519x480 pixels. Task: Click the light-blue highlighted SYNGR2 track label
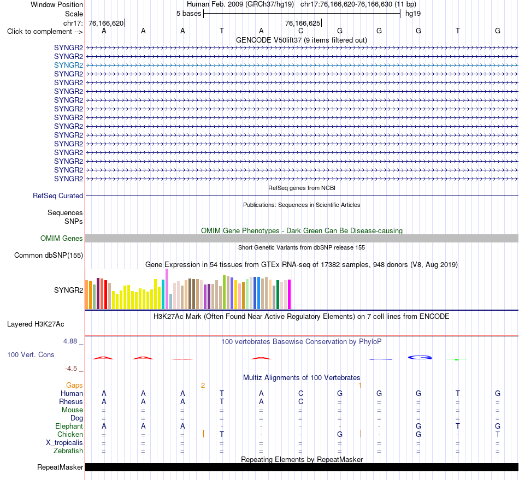[68, 65]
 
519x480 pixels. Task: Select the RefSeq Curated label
[58, 196]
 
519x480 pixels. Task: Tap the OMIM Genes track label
[62, 238]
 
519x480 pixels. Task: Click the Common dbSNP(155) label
[49, 256]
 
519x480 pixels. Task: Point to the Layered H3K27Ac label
[36, 324]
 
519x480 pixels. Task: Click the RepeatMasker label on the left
[60, 467]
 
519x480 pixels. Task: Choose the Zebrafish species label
[68, 451]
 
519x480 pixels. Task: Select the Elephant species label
[69, 426]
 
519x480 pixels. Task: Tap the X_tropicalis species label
[64, 443]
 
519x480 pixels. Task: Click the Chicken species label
[70, 434]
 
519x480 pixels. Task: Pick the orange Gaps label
[74, 385]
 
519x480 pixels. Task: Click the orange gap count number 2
[203, 385]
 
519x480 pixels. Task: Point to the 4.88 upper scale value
[70, 341]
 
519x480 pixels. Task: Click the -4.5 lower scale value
[71, 369]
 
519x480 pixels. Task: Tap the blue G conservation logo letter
[420, 357]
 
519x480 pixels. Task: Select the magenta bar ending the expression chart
[290, 294]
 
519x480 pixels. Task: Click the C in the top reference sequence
[300, 31]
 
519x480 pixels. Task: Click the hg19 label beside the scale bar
[413, 14]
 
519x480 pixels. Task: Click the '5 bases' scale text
[188, 14]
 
